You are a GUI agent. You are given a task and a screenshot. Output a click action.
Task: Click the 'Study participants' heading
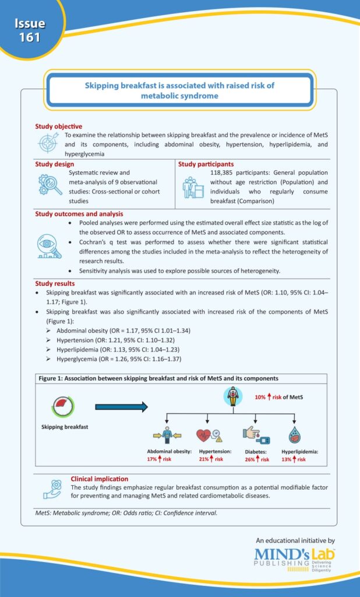206,164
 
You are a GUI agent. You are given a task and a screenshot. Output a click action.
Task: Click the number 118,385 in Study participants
224,174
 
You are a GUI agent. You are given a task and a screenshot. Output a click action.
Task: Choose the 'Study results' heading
55,283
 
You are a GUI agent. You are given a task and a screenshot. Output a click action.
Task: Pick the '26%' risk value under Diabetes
250,459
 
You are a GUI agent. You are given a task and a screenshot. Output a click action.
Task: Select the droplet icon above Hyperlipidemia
294,435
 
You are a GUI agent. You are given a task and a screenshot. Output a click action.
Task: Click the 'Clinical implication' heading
100,479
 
